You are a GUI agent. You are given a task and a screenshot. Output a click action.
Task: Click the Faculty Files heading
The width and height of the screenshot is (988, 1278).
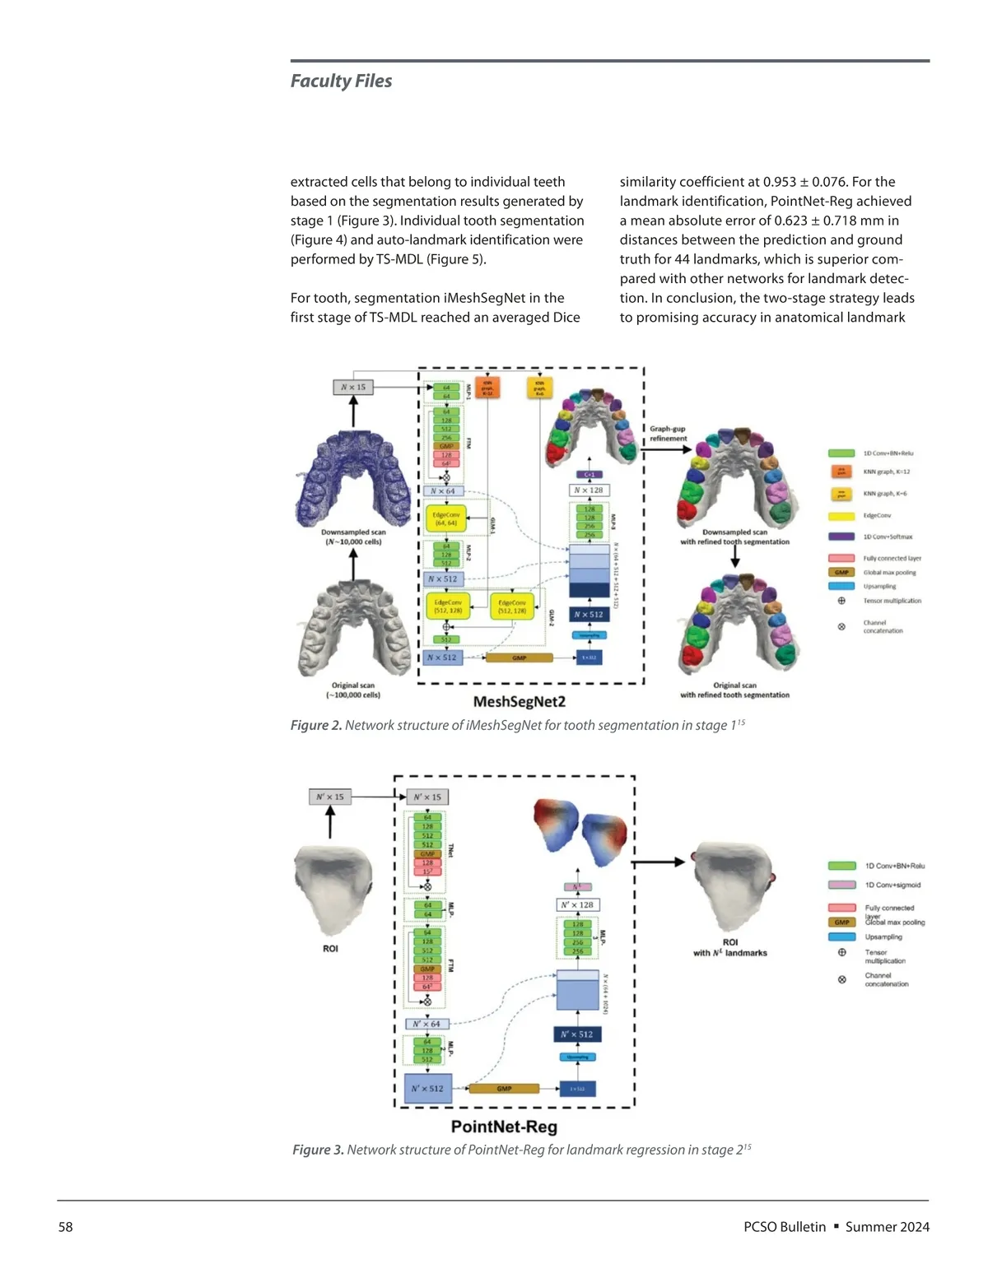click(341, 81)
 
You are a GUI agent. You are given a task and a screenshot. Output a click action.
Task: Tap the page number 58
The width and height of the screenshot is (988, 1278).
click(65, 1227)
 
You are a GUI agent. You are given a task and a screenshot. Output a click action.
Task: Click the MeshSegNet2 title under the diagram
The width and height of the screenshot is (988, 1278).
click(519, 702)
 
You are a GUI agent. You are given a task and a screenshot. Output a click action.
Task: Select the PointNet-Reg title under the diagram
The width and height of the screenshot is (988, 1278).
click(504, 1127)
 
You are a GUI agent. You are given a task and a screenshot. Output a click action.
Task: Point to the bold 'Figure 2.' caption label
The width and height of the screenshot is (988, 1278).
click(316, 725)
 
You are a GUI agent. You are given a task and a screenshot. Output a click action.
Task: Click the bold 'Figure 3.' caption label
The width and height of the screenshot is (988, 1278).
click(319, 1150)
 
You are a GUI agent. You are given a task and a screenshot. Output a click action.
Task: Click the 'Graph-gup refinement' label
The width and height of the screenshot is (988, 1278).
click(668, 434)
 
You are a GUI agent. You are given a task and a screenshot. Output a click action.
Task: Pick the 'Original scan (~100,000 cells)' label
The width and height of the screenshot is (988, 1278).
click(353, 690)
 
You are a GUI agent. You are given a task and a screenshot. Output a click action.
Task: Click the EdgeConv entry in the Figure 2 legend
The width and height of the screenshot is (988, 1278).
click(876, 516)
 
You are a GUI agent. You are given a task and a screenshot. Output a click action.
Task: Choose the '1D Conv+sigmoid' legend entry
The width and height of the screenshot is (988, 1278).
click(892, 885)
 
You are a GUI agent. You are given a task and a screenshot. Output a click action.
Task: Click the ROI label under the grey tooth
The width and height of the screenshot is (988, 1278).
click(330, 949)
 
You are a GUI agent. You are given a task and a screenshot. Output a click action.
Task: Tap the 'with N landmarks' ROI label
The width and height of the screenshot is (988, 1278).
click(730, 953)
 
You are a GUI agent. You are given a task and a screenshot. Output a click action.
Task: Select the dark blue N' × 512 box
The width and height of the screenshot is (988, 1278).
click(577, 1034)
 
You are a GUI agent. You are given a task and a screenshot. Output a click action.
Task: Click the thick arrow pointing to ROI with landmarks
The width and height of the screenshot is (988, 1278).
click(659, 862)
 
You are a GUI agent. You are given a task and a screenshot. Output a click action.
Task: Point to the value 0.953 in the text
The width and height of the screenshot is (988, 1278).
click(780, 182)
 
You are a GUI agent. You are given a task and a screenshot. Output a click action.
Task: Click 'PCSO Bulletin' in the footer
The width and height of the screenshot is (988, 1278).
click(784, 1227)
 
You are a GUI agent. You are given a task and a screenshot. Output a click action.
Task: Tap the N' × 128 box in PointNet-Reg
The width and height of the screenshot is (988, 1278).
click(577, 904)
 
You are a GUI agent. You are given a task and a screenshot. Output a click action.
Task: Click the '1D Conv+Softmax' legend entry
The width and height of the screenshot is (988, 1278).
click(887, 537)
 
